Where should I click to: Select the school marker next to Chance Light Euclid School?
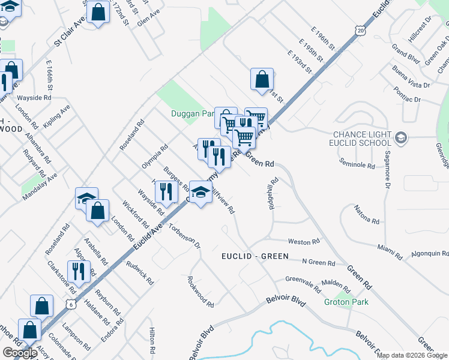pos(401,139)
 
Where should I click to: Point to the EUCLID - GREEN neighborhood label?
pos(255,256)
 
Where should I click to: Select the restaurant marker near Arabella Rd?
pos(79,271)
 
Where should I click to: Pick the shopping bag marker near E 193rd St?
pos(262,79)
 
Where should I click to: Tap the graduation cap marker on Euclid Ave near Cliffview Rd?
pos(200,192)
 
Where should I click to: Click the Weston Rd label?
pos(303,242)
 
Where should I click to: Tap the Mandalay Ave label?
pos(39,187)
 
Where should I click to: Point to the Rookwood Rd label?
pos(200,292)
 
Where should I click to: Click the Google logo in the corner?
pos(20,353)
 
